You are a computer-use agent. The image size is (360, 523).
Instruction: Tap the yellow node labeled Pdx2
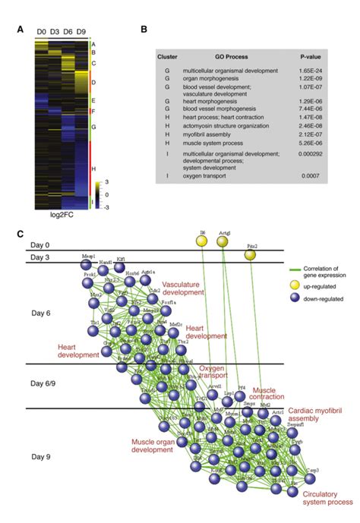pyautogui.click(x=251, y=256)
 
